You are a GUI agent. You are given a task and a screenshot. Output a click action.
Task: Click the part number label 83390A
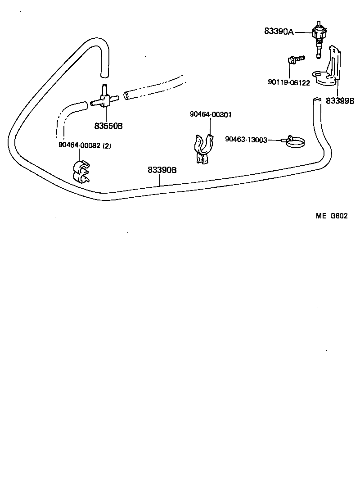(x=279, y=32)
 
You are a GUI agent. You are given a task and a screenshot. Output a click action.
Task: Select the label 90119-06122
(x=288, y=82)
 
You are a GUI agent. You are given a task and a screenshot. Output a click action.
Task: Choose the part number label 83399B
(x=340, y=100)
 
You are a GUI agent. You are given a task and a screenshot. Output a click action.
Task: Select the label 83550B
(x=108, y=126)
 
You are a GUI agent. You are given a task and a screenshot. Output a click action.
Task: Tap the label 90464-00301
(x=211, y=114)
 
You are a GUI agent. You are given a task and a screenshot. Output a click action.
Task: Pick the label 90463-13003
(x=246, y=140)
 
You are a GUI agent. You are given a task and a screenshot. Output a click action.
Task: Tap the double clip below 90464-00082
(x=80, y=172)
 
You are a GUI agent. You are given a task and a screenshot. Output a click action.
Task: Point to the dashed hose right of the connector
(x=153, y=88)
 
